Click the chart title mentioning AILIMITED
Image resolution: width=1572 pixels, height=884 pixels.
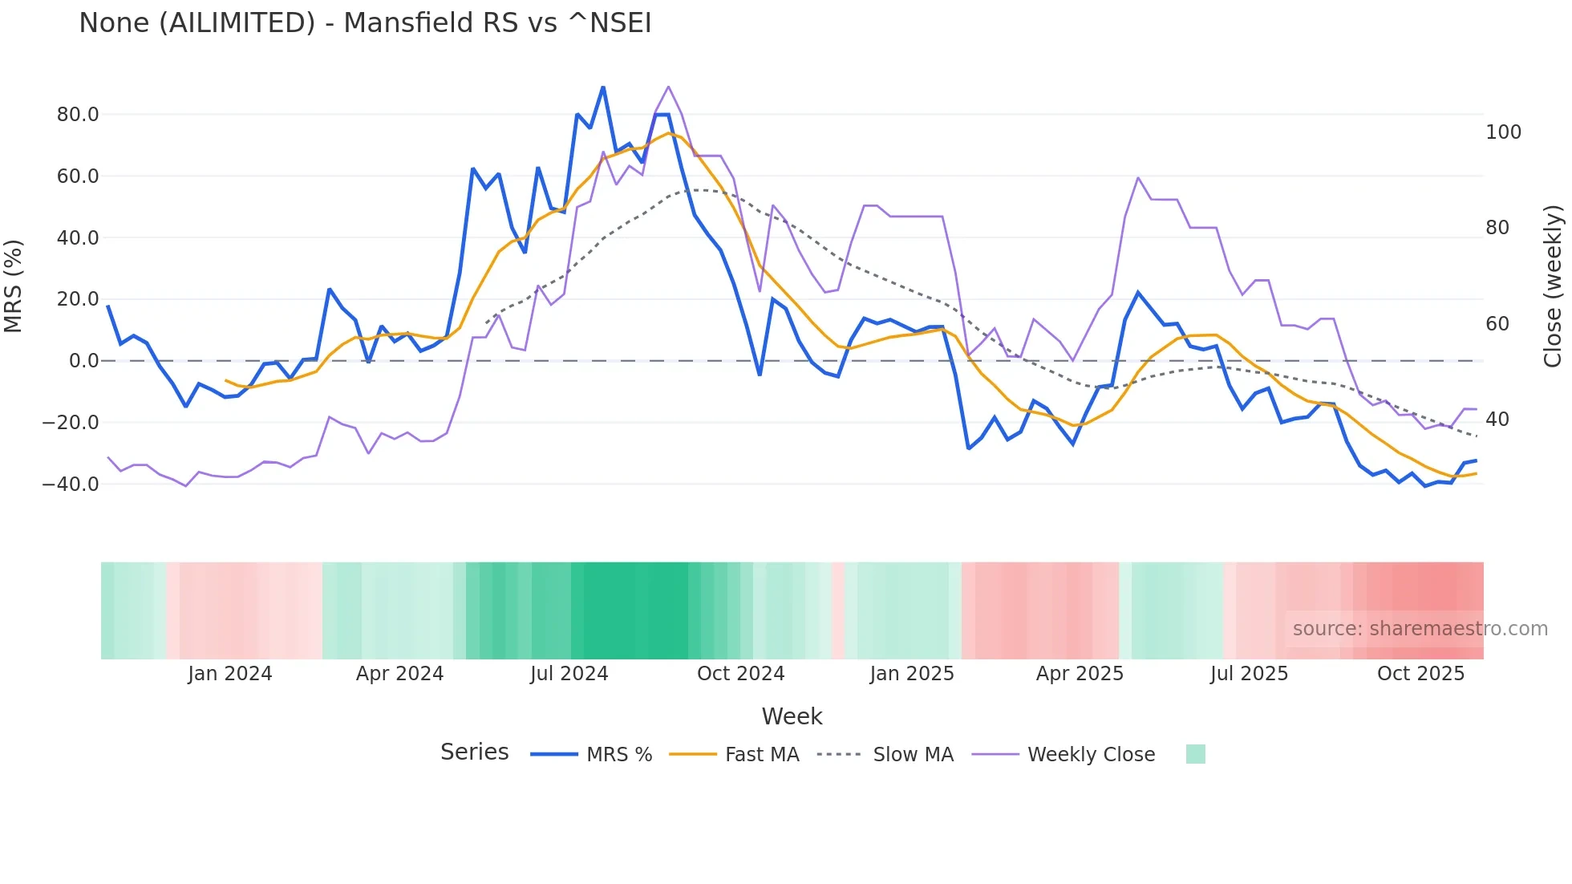coord(365,22)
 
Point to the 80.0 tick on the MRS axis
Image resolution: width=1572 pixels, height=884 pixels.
coord(78,115)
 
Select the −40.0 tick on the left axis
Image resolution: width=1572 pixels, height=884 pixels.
coord(71,484)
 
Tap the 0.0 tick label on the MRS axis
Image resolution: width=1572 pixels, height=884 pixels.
coord(83,361)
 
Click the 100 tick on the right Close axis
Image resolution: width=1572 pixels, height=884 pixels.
coord(1503,132)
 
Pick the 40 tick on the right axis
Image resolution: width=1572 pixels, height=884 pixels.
coord(1497,420)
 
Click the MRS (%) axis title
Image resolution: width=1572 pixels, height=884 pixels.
coord(14,286)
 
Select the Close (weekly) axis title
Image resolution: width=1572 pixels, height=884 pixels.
coord(1553,286)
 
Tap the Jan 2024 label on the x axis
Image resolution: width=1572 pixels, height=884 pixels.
coord(230,674)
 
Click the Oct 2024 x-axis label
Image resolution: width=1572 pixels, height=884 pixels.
coord(740,674)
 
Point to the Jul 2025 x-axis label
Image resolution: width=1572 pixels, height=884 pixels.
coord(1249,674)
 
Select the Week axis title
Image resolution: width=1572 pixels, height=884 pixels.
coord(792,716)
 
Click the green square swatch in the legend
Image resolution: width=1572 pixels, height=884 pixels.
coord(1195,754)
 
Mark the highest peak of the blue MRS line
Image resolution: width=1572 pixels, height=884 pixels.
coord(603,87)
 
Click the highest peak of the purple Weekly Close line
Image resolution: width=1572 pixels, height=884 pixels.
coord(668,87)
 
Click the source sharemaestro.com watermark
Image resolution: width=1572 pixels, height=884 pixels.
coord(1420,629)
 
